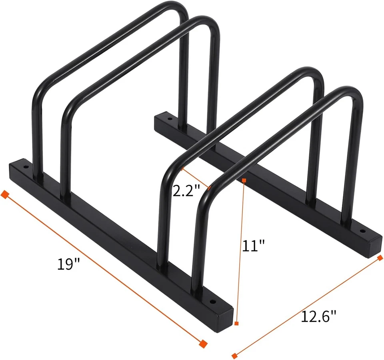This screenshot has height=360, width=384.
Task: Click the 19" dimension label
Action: tap(68, 265)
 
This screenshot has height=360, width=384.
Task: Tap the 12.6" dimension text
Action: tap(318, 317)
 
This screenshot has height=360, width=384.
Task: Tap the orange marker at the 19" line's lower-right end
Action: tap(203, 343)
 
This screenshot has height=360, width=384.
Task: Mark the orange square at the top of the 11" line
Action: tap(244, 180)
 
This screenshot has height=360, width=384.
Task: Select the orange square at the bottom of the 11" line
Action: tap(237, 323)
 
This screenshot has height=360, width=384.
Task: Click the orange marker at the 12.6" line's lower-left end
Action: tap(234, 356)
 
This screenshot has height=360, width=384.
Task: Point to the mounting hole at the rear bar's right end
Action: tap(363, 231)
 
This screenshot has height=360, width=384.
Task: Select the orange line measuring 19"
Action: tap(104, 269)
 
